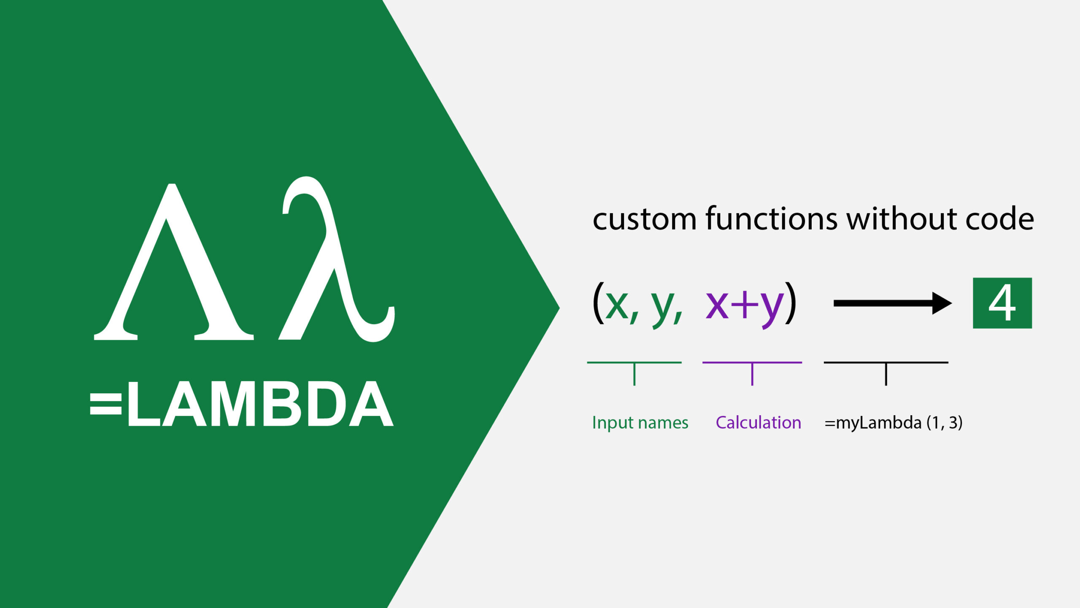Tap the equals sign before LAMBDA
tap(105, 404)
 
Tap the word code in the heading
tap(999, 219)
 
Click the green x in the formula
tap(617, 305)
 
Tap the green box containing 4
tap(1002, 303)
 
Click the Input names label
tap(640, 423)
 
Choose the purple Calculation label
tap(758, 422)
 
